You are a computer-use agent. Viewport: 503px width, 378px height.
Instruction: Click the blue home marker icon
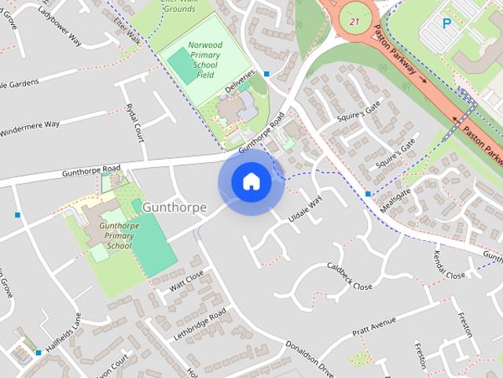(251, 182)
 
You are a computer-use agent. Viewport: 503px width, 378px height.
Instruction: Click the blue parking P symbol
(446, 23)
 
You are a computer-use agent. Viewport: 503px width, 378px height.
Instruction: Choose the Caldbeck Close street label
(350, 276)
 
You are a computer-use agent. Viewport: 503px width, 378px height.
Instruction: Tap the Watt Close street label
(186, 280)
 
